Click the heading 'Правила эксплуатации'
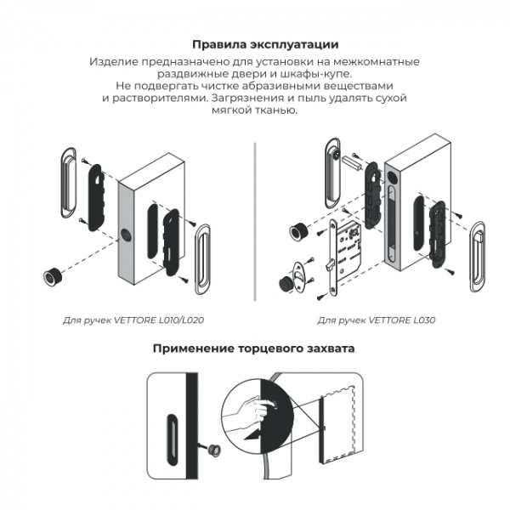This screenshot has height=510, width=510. pyautogui.click(x=254, y=44)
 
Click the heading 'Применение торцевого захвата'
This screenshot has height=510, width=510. pyautogui.click(x=254, y=348)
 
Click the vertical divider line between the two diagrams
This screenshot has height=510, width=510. pyautogui.click(x=255, y=221)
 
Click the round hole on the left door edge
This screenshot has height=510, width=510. pyautogui.click(x=127, y=235)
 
